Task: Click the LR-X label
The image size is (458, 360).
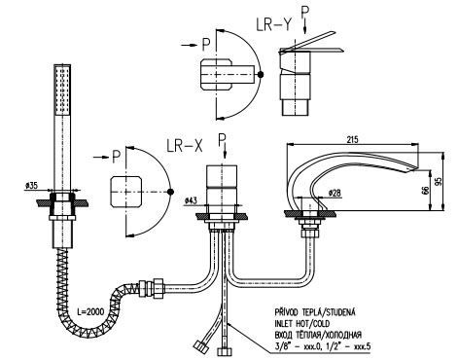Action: coord(184,147)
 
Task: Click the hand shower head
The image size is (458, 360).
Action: coord(63,97)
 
